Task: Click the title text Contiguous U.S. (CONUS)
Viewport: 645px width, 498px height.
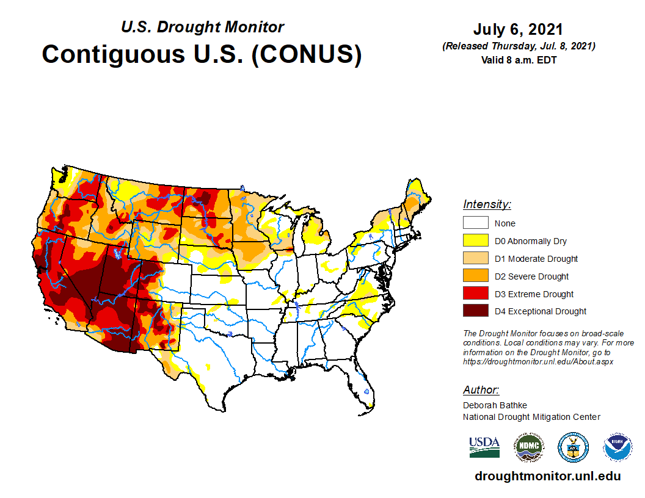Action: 202,54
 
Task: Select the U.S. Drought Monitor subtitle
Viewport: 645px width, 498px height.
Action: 202,27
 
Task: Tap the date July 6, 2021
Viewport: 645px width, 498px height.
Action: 517,29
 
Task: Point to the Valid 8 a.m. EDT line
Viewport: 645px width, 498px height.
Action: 518,60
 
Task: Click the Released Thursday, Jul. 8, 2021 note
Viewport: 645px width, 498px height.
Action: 518,46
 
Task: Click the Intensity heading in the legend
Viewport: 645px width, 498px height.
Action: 487,204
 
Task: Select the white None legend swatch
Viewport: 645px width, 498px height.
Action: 475,223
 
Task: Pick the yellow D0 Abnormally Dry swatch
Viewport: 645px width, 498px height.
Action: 475,240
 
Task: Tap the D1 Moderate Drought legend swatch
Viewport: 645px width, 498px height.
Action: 475,258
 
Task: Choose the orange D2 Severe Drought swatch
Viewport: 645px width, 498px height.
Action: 475,276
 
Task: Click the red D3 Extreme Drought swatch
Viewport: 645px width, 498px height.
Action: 475,294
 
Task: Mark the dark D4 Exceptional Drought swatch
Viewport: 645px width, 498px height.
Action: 475,311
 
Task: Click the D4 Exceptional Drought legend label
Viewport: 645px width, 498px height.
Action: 540,311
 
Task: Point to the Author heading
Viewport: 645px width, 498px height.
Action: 481,390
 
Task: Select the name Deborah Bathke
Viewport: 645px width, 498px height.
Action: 495,405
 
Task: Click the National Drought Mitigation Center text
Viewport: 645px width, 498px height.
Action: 531,417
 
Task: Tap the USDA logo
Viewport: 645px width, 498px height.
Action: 484,447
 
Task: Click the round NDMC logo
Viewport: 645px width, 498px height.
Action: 528,447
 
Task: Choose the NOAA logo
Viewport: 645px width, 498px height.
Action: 618,447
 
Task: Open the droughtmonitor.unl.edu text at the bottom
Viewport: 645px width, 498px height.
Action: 547,477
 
